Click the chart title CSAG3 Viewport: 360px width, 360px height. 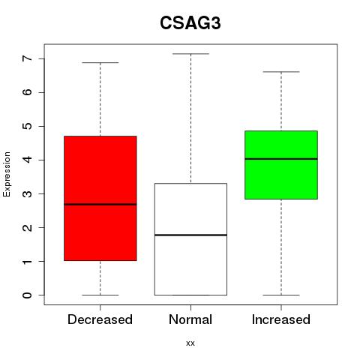point(190,23)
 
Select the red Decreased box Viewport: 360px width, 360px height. point(100,198)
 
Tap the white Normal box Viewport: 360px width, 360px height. point(190,239)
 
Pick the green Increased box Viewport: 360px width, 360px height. point(281,165)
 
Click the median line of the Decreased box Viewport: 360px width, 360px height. point(100,205)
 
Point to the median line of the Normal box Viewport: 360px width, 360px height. point(190,235)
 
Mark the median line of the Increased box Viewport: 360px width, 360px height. point(281,159)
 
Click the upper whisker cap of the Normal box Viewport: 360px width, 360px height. point(190,54)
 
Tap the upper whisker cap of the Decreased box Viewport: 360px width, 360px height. point(100,62)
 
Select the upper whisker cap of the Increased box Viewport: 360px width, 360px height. point(281,72)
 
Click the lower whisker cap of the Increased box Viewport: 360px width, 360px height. point(281,295)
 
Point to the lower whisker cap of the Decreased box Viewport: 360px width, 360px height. point(100,295)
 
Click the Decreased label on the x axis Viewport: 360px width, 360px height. point(100,319)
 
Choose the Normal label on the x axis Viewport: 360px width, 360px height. point(190,319)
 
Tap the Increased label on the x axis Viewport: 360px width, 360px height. point(281,319)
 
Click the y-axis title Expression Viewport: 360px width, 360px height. point(7,174)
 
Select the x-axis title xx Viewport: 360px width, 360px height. point(190,343)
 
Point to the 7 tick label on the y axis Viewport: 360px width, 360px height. point(27,58)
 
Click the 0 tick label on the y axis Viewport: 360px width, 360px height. point(27,295)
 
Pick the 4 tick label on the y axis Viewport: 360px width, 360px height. point(27,160)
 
